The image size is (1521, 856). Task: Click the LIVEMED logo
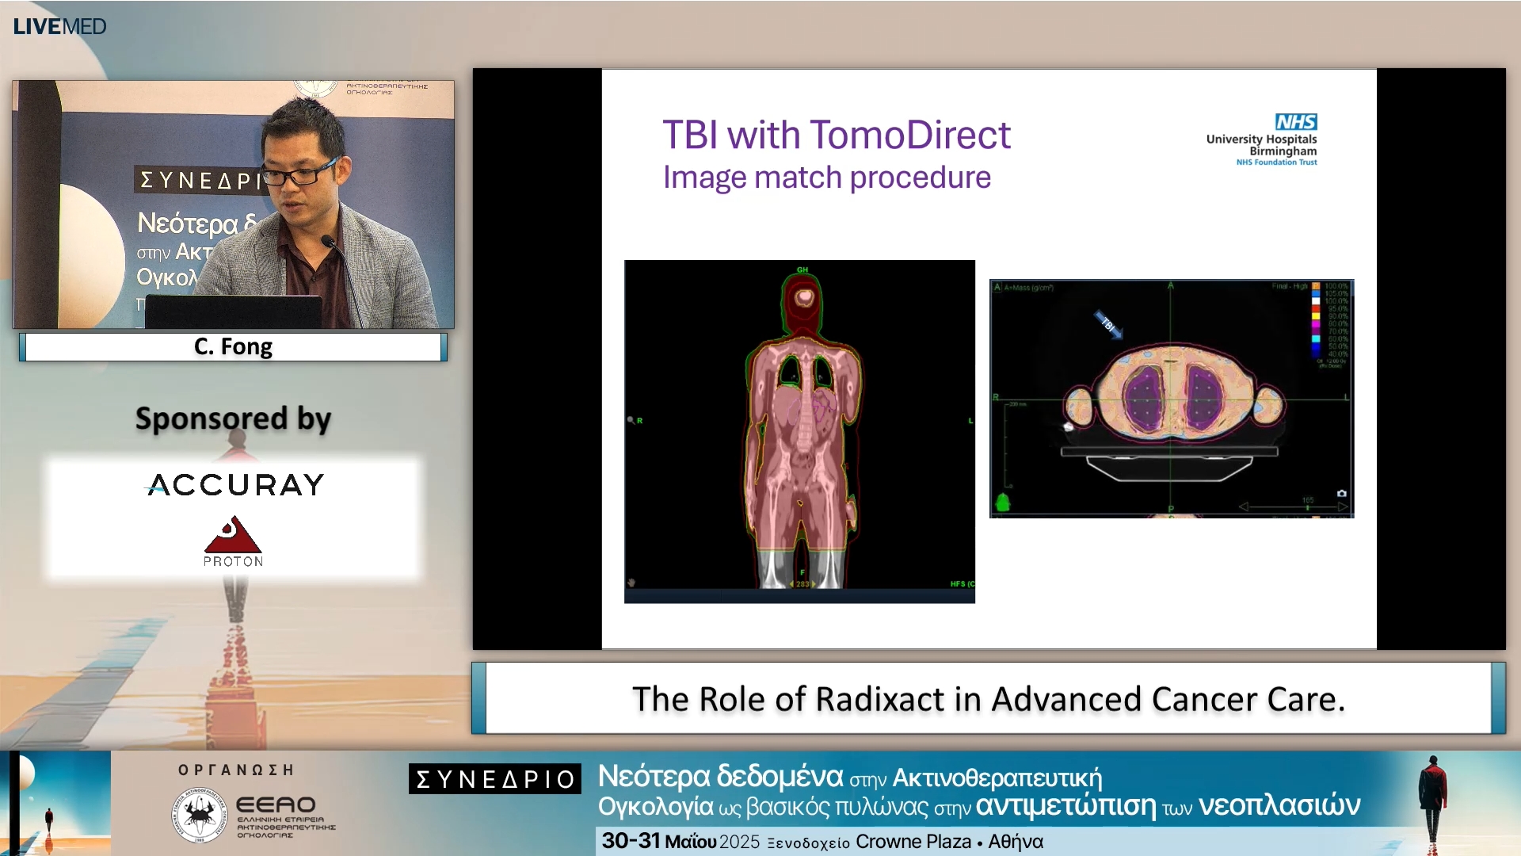pos(59,26)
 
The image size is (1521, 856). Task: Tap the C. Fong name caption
pos(233,347)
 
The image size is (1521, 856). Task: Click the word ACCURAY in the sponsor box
pos(235,484)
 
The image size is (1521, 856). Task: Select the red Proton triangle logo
pos(232,537)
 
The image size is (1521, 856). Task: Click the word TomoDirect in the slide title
pos(909,135)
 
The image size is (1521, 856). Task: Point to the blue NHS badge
pos(1295,121)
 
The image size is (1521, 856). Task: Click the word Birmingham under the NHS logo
pos(1283,151)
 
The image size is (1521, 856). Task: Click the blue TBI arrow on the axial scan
pos(1109,324)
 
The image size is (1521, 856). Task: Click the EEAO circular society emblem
pos(200,815)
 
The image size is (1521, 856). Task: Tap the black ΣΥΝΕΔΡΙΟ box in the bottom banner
pos(495,779)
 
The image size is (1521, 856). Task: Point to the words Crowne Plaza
pos(913,842)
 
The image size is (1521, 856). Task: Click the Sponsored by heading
pos(233,418)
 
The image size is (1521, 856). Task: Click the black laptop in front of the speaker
pos(234,311)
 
